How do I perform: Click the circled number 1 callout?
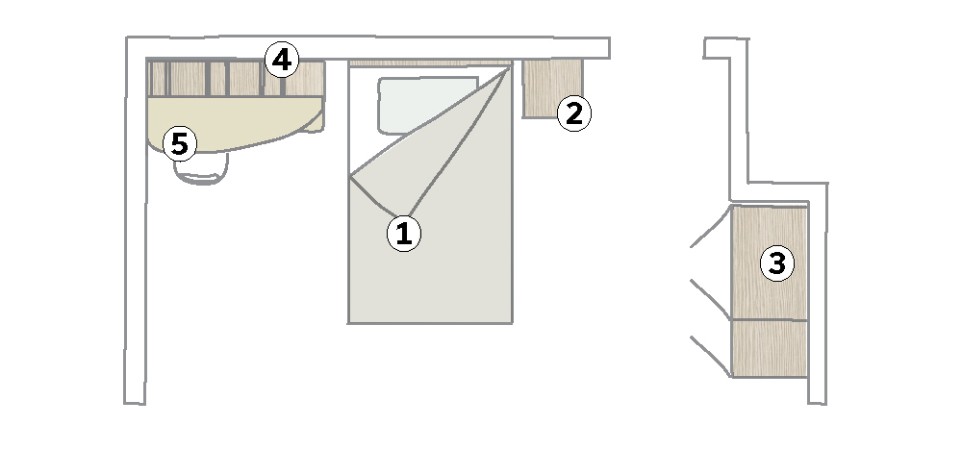click(x=404, y=234)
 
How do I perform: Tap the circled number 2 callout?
click(x=573, y=114)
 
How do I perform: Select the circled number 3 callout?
click(x=776, y=263)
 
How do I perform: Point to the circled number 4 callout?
click(x=282, y=60)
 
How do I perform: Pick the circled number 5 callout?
click(x=179, y=144)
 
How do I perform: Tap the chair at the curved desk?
click(x=201, y=167)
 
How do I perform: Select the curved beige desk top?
click(x=235, y=123)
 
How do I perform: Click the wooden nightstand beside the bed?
click(x=551, y=87)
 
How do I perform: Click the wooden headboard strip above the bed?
click(x=429, y=62)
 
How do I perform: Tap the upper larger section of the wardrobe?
click(x=770, y=262)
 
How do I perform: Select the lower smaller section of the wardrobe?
click(x=770, y=348)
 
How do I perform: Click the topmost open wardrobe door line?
click(x=711, y=227)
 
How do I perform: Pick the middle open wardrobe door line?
click(x=711, y=300)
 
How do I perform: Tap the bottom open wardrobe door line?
click(x=711, y=356)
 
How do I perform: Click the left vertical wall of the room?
click(x=136, y=220)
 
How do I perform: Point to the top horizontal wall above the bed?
click(x=368, y=48)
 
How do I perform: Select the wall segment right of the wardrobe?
click(x=818, y=293)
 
